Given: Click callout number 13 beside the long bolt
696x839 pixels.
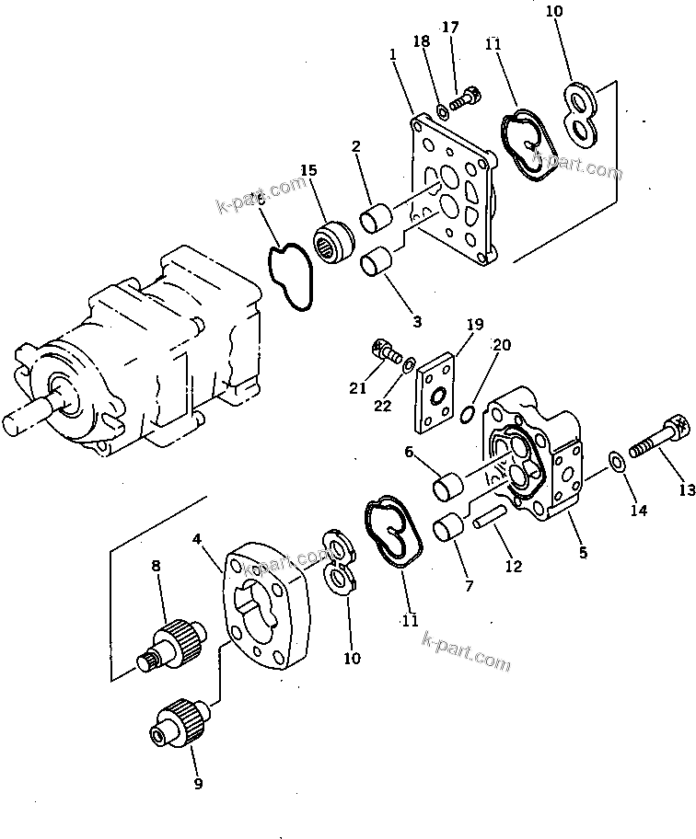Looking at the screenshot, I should pyautogui.click(x=687, y=491).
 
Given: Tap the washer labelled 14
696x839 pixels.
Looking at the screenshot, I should pyautogui.click(x=618, y=463).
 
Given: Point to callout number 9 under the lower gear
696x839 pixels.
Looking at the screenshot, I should pyautogui.click(x=198, y=785).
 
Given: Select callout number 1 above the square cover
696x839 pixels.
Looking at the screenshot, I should pyautogui.click(x=393, y=55).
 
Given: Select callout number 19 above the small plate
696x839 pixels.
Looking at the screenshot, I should pyautogui.click(x=474, y=325).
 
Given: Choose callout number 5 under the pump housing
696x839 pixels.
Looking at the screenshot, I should pyautogui.click(x=583, y=554).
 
